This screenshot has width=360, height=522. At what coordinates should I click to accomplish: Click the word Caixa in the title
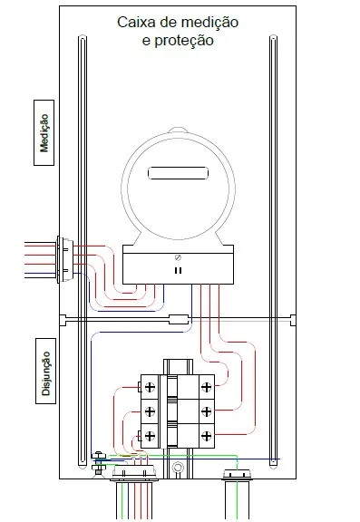136,22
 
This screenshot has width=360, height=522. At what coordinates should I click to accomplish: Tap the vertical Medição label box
44,132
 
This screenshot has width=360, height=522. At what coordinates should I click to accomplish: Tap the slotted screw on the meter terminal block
178,258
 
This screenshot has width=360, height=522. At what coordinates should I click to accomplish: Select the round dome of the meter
178,181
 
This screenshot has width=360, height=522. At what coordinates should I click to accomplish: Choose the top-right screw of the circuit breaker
207,387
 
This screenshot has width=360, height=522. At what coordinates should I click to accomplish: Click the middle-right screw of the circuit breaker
207,412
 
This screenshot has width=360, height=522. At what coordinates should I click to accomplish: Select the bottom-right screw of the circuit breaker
207,438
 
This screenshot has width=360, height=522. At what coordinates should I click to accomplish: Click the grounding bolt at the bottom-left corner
98,467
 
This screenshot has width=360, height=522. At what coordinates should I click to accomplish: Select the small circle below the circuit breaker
178,469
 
